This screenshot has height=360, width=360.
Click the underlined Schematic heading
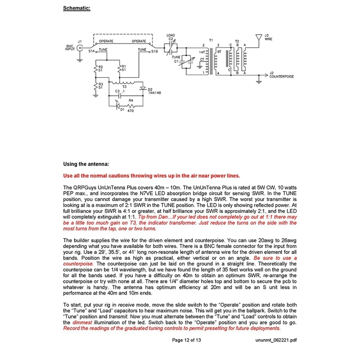(77, 8)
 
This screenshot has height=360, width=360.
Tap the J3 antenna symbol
(258, 36)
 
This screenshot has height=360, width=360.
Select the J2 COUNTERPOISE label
(281, 74)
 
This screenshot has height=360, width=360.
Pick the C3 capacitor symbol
(119, 95)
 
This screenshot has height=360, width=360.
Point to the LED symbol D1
(118, 106)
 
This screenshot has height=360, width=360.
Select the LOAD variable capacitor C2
(170, 47)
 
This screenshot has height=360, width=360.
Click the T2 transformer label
(237, 40)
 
